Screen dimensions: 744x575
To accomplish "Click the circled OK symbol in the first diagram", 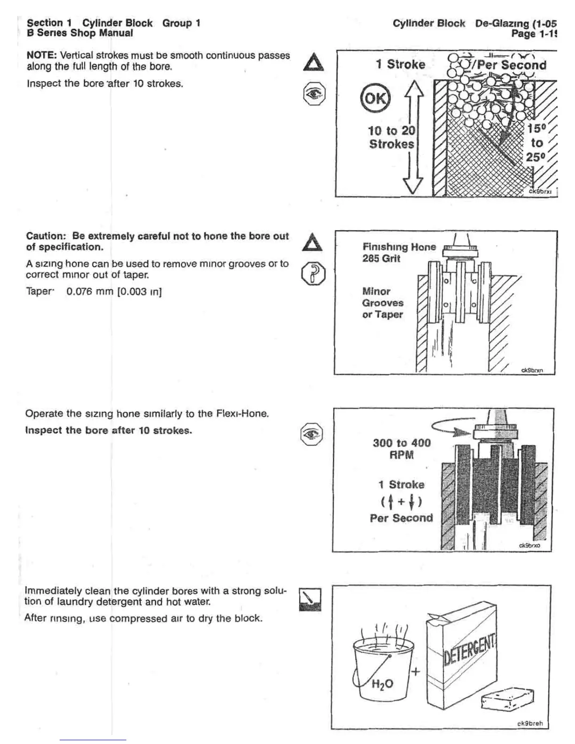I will [374, 98].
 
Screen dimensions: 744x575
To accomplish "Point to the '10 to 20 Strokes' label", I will [391, 137].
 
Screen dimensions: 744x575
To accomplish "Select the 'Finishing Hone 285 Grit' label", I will [399, 252].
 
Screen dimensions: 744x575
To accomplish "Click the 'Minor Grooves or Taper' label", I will [382, 303].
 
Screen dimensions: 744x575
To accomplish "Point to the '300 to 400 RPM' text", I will [402, 449].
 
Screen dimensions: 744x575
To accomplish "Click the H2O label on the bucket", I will [382, 684].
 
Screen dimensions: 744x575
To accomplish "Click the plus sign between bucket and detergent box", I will [415, 672].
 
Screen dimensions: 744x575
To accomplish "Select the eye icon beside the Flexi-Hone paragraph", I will [311, 434].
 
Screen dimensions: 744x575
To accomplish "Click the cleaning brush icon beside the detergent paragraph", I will [310, 599].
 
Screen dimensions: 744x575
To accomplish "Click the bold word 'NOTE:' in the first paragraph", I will [41, 55].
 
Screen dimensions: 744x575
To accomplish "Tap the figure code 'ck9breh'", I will [530, 723].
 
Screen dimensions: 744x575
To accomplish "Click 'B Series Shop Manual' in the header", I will [79, 33].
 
